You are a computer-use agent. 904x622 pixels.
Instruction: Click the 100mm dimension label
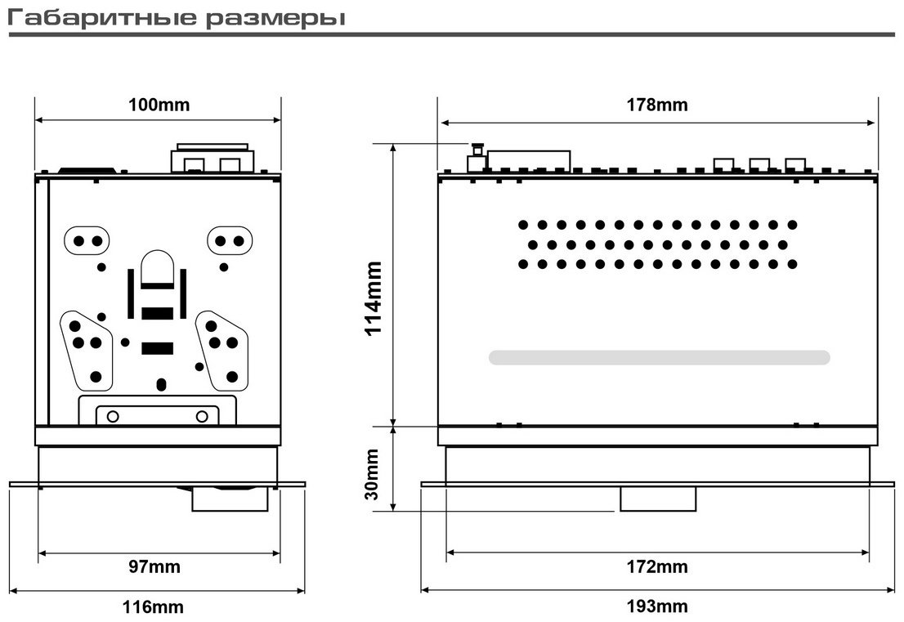(x=159, y=105)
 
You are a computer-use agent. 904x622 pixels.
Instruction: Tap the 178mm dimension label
(x=657, y=105)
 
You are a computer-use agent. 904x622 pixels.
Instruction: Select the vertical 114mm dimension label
(x=374, y=298)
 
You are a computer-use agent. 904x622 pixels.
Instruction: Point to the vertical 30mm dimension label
(x=373, y=474)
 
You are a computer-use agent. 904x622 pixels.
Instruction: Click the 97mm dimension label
(x=154, y=566)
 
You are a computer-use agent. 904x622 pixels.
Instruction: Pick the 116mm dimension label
(x=154, y=606)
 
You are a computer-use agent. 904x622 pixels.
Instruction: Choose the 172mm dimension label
(x=657, y=566)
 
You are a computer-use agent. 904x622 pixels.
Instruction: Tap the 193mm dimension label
(x=657, y=606)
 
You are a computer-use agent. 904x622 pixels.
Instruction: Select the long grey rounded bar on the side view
(x=659, y=357)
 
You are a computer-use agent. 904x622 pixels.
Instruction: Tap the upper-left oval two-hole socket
(x=87, y=241)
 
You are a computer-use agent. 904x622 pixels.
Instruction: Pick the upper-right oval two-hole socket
(x=230, y=241)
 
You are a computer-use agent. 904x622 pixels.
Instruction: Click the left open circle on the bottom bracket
(x=113, y=416)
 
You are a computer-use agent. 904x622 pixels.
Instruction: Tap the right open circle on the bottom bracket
(x=202, y=416)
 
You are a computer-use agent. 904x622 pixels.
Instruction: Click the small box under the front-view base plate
(x=230, y=499)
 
